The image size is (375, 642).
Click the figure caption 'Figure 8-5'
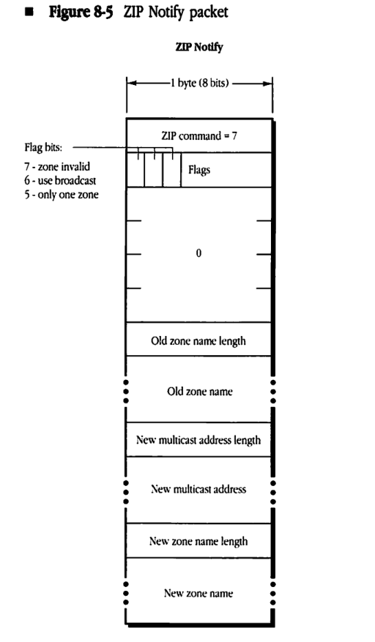pos(79,13)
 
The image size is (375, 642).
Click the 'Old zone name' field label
pos(198,392)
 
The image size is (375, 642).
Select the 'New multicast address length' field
pos(198,441)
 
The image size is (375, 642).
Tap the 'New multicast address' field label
pos(198,488)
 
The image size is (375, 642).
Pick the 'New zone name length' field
pos(198,541)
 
